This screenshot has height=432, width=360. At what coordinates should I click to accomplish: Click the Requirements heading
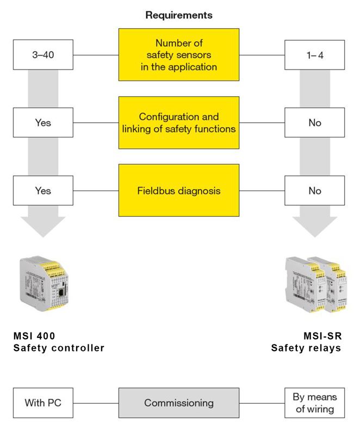click(x=178, y=15)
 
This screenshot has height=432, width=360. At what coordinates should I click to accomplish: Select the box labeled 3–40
click(x=42, y=54)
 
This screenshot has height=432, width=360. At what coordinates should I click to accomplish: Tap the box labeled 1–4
click(x=315, y=54)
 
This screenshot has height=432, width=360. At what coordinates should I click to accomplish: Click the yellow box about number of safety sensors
click(x=178, y=55)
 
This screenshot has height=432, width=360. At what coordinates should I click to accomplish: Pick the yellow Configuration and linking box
click(x=178, y=123)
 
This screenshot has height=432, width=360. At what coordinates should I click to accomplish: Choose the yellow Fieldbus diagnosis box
click(x=178, y=191)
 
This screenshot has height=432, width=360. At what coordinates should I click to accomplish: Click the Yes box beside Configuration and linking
click(x=42, y=123)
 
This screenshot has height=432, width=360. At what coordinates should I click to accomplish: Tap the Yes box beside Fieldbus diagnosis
click(x=42, y=191)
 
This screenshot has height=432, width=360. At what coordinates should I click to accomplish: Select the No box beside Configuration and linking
click(x=315, y=123)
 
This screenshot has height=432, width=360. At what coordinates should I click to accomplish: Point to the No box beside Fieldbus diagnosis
click(x=315, y=191)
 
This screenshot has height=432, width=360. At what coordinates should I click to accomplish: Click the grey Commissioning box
click(x=178, y=403)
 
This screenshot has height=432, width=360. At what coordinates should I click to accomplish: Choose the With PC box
click(x=42, y=403)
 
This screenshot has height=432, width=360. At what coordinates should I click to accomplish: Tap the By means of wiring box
click(x=315, y=403)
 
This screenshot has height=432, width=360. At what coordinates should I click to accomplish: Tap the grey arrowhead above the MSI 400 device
click(x=42, y=225)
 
